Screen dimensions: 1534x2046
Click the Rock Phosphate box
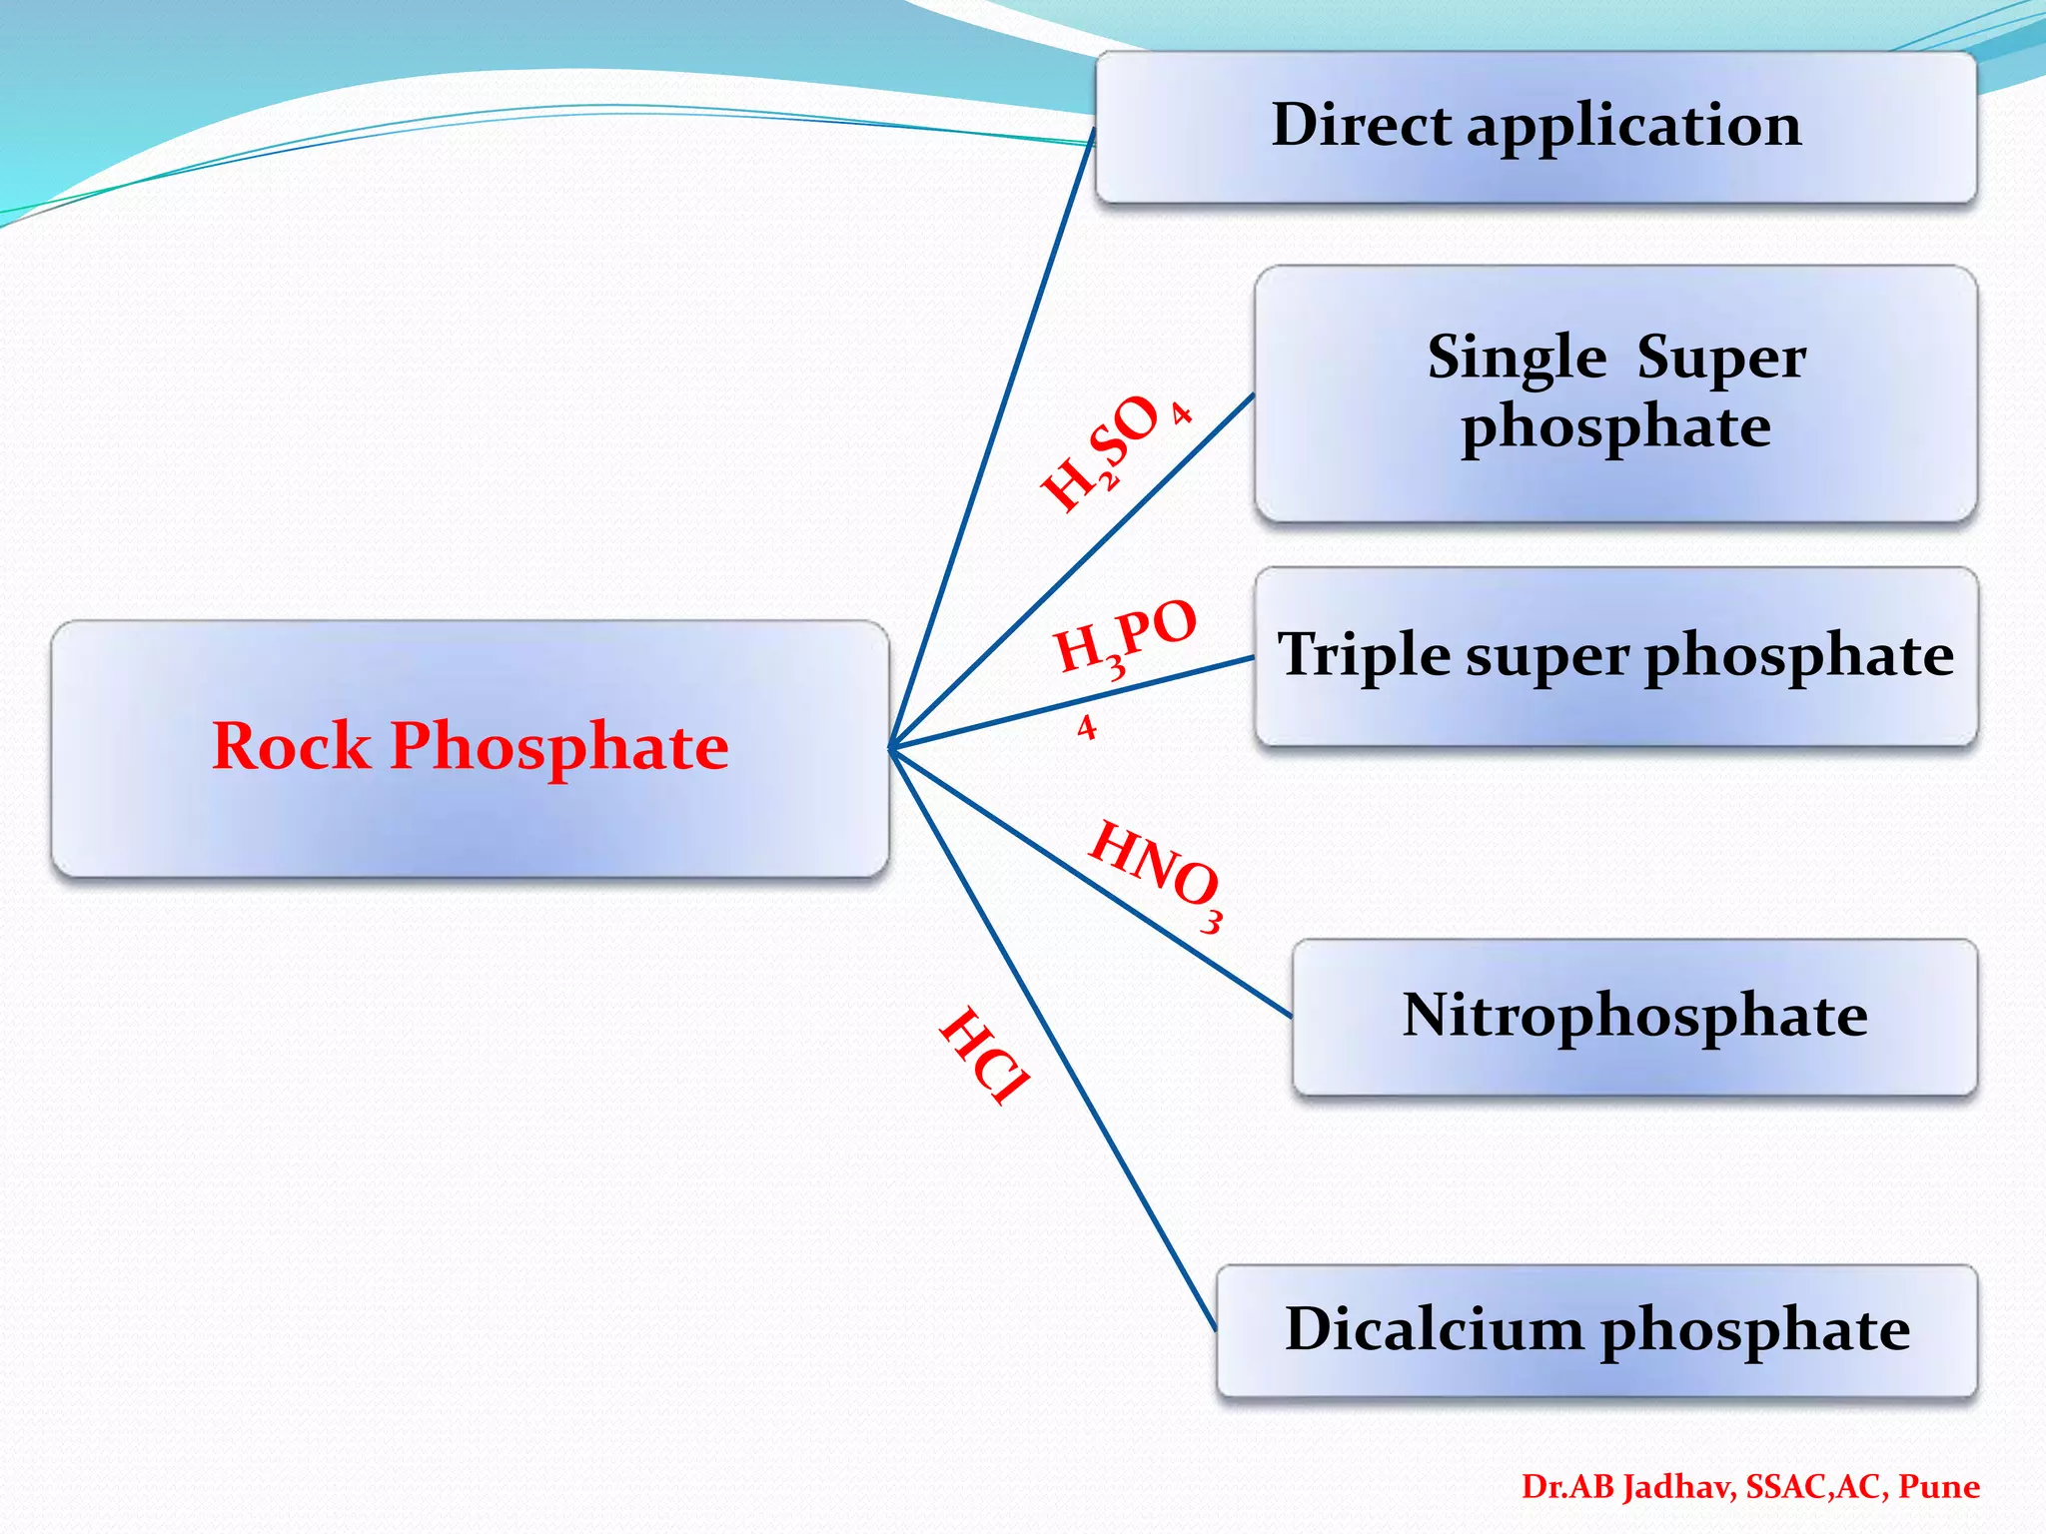[x=470, y=749]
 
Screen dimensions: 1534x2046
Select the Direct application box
[x=1535, y=128]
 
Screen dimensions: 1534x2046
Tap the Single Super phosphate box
[x=1615, y=393]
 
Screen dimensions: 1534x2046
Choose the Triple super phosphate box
[x=1615, y=656]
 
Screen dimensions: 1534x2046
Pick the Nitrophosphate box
[x=1634, y=1017]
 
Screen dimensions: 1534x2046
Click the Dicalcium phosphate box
[x=1596, y=1330]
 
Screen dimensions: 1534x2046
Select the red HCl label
[x=985, y=1057]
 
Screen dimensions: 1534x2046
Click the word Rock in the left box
[x=291, y=746]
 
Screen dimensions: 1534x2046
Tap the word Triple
[x=1365, y=655]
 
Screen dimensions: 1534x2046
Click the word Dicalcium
[x=1435, y=1329]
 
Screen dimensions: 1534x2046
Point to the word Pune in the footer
[x=1938, y=1487]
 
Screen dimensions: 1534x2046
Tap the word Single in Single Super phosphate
[x=1517, y=358]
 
